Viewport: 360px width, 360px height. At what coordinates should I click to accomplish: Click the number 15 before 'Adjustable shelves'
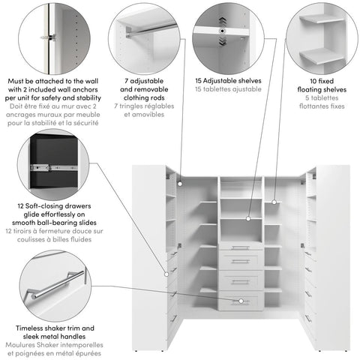(199, 79)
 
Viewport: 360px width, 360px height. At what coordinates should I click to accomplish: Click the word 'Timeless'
(31, 328)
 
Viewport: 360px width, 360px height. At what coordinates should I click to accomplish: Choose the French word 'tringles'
(136, 106)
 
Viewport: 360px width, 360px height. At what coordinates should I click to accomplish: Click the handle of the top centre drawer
(241, 247)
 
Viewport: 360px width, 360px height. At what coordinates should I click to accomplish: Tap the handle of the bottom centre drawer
(241, 301)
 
